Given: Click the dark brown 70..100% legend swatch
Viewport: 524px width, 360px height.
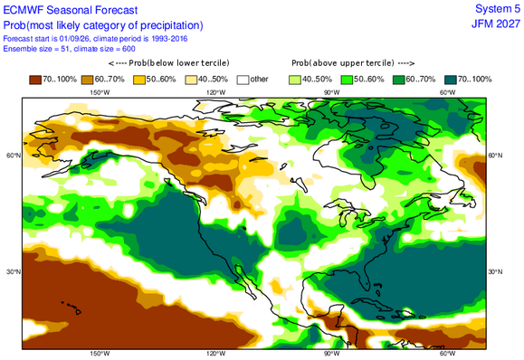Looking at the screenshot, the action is coord(35,80).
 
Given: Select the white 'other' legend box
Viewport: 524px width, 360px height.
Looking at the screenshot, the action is coord(243,80).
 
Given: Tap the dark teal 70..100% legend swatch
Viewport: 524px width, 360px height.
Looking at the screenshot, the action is coord(451,80).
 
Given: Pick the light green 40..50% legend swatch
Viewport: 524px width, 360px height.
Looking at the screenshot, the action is coord(295,80).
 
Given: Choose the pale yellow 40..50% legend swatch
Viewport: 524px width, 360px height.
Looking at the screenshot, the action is coord(191,80).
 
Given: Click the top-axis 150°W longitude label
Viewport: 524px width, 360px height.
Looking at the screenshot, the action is coord(100,93).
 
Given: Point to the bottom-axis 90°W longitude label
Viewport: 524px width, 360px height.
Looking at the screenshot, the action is coord(331,354).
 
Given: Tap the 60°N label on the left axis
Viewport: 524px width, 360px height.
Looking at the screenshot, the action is coord(14,156).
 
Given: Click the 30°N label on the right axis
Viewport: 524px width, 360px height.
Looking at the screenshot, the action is coord(496,272).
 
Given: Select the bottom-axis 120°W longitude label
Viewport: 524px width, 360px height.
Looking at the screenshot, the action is coord(215,354).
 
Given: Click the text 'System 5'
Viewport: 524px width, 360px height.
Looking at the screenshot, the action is coord(498,9).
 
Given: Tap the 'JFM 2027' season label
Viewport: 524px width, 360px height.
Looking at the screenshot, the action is coord(496,24).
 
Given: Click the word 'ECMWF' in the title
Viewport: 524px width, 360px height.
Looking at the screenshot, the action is coord(24,10).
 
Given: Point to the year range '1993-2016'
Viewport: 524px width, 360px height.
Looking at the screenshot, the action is coord(169,39).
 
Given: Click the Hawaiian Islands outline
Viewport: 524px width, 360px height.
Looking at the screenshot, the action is coord(72,308).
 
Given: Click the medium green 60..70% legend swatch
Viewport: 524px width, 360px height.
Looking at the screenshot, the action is coord(399,80).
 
